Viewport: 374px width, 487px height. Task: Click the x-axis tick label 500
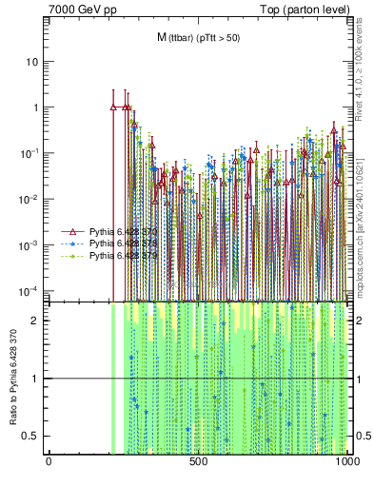(x=198, y=463)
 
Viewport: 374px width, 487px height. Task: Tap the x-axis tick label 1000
(x=346, y=463)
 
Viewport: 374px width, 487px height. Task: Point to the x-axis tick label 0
(x=49, y=463)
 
